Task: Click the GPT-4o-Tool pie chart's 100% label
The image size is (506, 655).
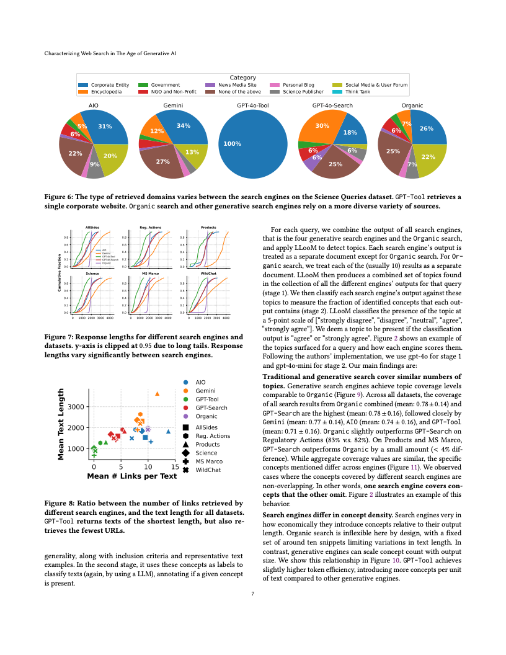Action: tap(232, 144)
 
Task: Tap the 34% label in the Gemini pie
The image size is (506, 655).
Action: tap(183, 126)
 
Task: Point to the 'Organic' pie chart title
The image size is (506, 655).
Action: tap(412, 106)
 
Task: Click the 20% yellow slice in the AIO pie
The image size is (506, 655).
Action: tap(111, 156)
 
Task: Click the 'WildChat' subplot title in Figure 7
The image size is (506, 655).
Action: tap(208, 273)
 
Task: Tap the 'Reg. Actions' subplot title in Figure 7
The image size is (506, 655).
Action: tap(150, 227)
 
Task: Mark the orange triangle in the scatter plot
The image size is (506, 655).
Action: tap(158, 394)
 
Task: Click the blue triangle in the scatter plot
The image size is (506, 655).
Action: tap(168, 431)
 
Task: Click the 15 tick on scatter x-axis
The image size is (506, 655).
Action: tap(175, 466)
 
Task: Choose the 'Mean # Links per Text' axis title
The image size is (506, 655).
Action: tap(132, 476)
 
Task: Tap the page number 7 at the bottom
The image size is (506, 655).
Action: tap(253, 594)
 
